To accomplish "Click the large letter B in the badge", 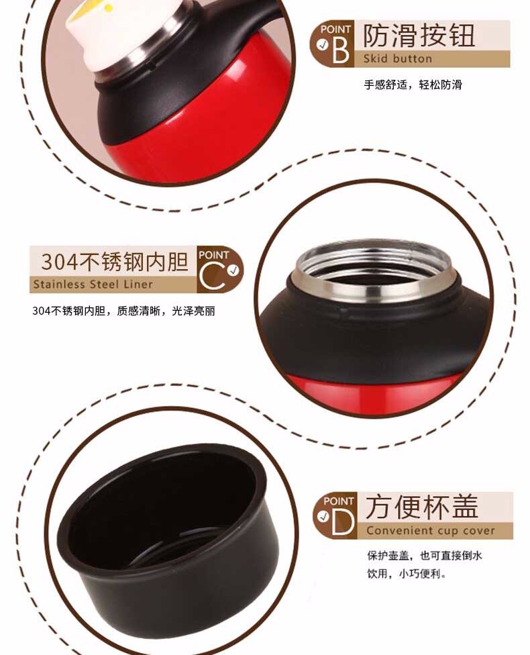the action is click(x=340, y=50).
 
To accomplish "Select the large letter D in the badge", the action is click(x=343, y=521).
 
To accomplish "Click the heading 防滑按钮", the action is click(x=419, y=36).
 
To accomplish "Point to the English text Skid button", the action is click(x=398, y=58).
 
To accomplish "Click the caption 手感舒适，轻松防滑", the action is click(x=413, y=85).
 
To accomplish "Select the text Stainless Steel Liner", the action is click(x=93, y=285).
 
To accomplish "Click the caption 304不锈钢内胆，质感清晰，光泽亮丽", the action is click(x=123, y=311).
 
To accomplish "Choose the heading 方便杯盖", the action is click(x=422, y=507).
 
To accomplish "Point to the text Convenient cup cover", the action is click(x=431, y=531).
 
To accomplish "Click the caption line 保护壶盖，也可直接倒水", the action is click(x=425, y=556).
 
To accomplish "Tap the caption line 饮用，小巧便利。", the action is click(x=407, y=574).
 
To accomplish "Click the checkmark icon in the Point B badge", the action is click(x=323, y=44).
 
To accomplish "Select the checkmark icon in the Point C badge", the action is click(x=234, y=270).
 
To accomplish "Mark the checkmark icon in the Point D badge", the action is click(x=323, y=517).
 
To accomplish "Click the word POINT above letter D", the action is click(x=339, y=501).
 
